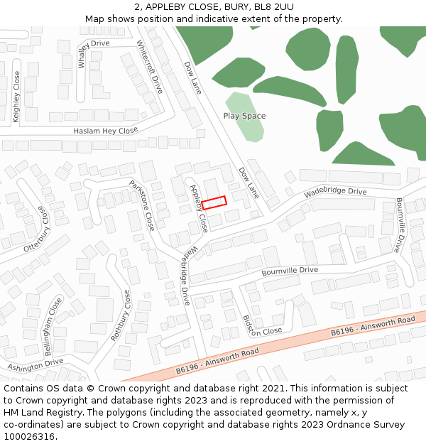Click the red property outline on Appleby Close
214,202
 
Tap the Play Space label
244,116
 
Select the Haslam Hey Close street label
106,131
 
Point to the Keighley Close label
16,97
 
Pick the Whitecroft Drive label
151,66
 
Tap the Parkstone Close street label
142,205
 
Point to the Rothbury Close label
120,315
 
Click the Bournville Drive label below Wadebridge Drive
290,271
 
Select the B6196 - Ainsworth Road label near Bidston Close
217,360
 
